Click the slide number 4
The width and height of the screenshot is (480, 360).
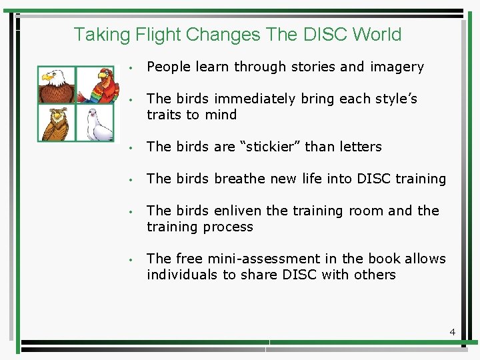click(452, 331)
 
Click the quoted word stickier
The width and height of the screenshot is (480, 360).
click(265, 147)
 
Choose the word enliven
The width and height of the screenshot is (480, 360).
click(238, 211)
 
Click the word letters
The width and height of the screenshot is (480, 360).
click(359, 147)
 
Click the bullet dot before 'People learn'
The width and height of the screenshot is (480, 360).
click(133, 67)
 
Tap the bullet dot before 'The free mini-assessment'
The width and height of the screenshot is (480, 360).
click(133, 259)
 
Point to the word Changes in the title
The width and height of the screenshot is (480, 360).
click(223, 34)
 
